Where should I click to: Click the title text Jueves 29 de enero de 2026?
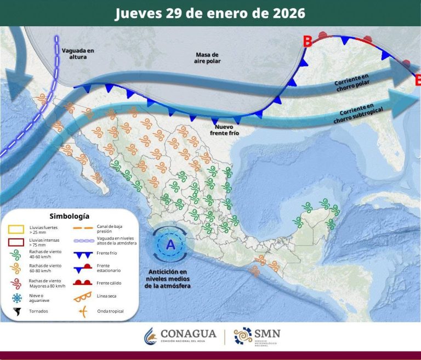[x=210, y=13]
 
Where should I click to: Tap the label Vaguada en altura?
[x=78, y=53]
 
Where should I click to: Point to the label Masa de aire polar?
[x=207, y=58]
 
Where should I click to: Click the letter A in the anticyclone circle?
[x=170, y=244]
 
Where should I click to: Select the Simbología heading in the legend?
[x=69, y=216]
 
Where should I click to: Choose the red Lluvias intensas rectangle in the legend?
[x=18, y=242]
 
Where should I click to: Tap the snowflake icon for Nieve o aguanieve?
[x=17, y=298]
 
